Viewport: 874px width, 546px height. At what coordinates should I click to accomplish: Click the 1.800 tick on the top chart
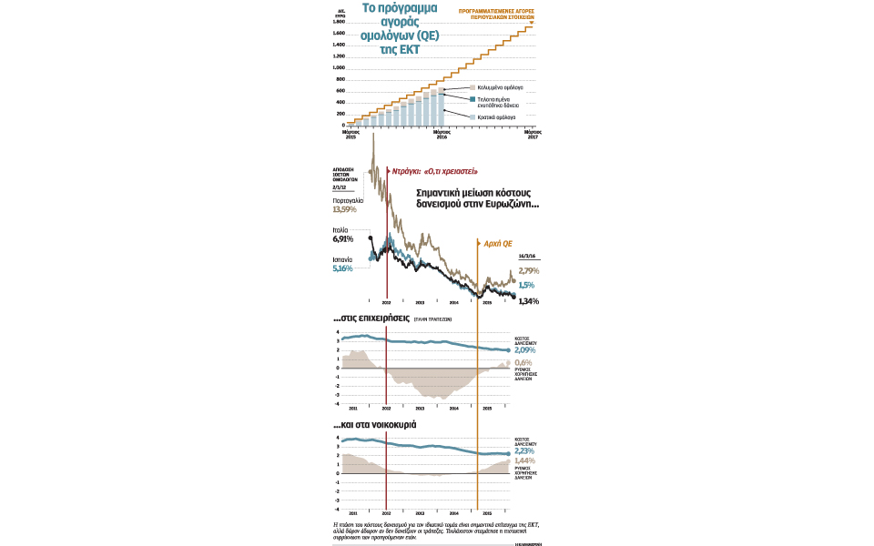338,21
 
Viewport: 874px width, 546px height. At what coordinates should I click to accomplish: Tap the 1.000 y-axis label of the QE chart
338,67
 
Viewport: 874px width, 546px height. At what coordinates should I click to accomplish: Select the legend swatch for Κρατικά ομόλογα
472,117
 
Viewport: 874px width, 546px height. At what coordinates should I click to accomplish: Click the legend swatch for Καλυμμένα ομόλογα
472,86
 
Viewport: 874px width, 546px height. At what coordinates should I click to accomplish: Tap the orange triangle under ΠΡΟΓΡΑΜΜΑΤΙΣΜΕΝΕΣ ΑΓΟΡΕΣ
532,21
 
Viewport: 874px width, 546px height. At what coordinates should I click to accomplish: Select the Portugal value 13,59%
346,208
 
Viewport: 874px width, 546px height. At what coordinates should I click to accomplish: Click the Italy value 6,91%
342,239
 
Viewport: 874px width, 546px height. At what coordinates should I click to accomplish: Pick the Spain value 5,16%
342,268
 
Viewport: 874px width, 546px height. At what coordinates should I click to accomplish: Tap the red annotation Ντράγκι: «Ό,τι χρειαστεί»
434,171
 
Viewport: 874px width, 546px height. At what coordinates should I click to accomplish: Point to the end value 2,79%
528,270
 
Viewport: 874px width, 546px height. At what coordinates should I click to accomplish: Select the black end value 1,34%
528,301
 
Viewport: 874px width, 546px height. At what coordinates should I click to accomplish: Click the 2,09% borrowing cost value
525,350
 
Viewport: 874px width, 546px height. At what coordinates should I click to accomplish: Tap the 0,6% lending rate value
523,362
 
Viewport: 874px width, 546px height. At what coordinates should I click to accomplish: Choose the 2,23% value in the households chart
525,450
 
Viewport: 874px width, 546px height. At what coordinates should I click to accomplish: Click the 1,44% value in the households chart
525,462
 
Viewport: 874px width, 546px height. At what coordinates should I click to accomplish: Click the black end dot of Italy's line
513,297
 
